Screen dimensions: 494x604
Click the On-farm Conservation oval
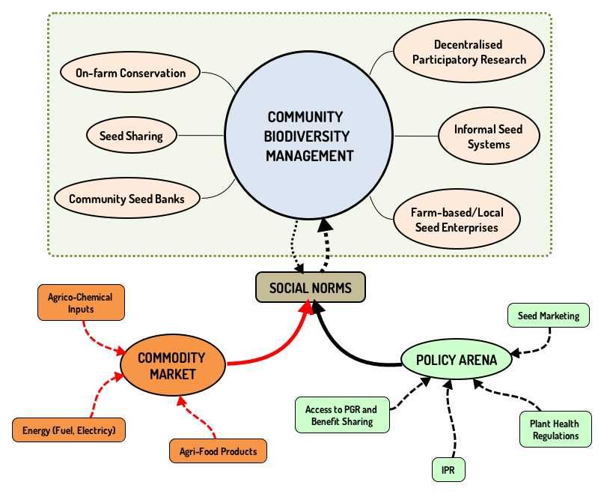131,73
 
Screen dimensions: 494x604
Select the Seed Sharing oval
131,136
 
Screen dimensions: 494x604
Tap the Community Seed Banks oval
126,199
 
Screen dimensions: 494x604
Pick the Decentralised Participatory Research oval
469,52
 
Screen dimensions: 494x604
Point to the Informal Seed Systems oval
488,136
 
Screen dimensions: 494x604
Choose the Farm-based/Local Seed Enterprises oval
457,220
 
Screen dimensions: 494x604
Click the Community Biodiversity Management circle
309,136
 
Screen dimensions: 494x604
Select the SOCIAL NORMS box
310,288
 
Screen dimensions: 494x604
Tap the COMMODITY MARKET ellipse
171,365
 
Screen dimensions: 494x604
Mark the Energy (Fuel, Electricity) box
69,430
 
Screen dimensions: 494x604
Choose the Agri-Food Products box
218,451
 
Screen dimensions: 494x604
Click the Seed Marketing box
549,316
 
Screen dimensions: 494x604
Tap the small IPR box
449,470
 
